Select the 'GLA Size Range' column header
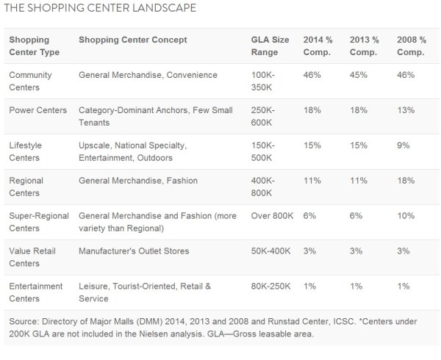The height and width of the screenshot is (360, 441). coord(270,46)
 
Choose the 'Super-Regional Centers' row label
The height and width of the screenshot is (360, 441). coord(38,222)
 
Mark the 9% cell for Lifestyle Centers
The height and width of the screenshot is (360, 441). coord(404,145)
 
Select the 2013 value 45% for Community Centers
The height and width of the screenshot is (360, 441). coord(359,75)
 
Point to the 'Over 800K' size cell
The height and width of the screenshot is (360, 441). coord(273,216)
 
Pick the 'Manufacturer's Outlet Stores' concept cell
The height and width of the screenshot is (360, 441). coord(134,251)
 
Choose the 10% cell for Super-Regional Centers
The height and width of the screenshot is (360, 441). coord(406,216)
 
